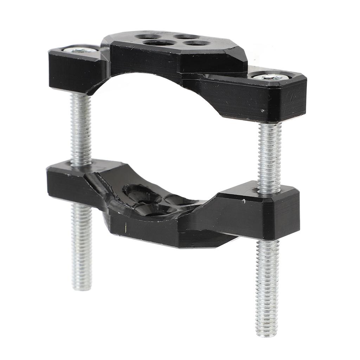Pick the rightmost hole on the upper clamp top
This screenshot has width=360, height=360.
click(x=197, y=43)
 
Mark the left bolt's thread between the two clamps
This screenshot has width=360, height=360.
click(x=81, y=130)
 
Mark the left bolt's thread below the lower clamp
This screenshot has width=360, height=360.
click(x=82, y=246)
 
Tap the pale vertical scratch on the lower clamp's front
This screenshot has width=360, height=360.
click(x=125, y=229)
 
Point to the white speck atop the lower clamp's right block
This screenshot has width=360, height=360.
click(x=244, y=201)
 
